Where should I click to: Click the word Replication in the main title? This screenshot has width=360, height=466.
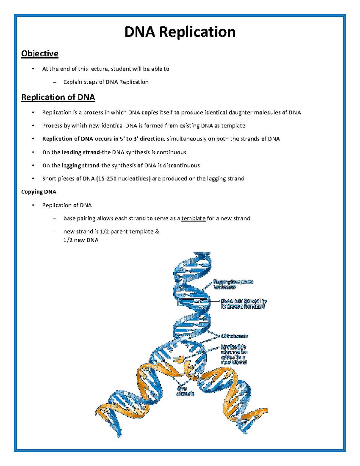coord(197,32)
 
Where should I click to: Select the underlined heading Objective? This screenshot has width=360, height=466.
coord(40,54)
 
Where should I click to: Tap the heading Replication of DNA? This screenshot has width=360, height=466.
coord(58,97)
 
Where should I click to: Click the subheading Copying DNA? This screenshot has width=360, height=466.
coord(39,192)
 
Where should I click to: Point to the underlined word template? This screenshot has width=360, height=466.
coord(193,218)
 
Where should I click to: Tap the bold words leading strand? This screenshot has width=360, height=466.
coord(81,152)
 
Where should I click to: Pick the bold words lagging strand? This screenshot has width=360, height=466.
coord(80,166)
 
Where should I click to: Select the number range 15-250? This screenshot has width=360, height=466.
coord(106,179)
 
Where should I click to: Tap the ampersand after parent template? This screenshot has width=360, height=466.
coord(157,232)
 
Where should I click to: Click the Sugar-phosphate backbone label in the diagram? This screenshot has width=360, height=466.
coord(233,284)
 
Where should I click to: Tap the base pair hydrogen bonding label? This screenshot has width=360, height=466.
coord(243,304)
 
